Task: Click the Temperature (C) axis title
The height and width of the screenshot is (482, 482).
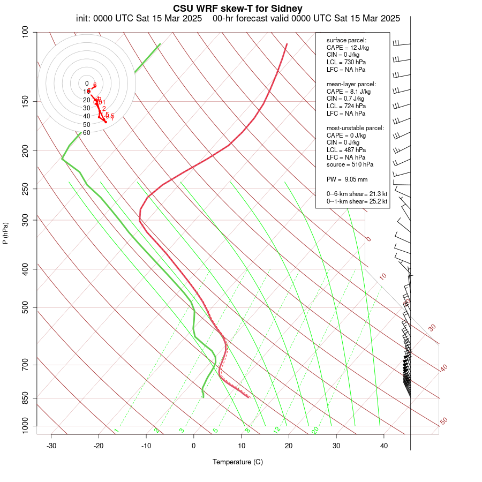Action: (x=237, y=462)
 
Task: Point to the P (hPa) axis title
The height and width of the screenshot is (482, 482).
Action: (x=5, y=233)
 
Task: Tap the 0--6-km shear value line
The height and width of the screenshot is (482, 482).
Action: (x=357, y=194)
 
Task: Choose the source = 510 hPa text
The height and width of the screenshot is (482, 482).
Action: (x=350, y=164)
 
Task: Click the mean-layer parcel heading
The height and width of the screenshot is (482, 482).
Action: (x=351, y=84)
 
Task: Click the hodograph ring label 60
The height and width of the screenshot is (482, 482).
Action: (x=86, y=133)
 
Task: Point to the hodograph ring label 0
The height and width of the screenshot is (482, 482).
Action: (x=86, y=84)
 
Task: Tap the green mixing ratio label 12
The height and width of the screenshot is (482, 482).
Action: (x=277, y=430)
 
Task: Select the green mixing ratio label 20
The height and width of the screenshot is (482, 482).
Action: (x=315, y=430)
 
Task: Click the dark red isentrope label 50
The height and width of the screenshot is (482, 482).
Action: (x=443, y=421)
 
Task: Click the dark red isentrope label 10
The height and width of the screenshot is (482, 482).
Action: (x=382, y=276)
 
